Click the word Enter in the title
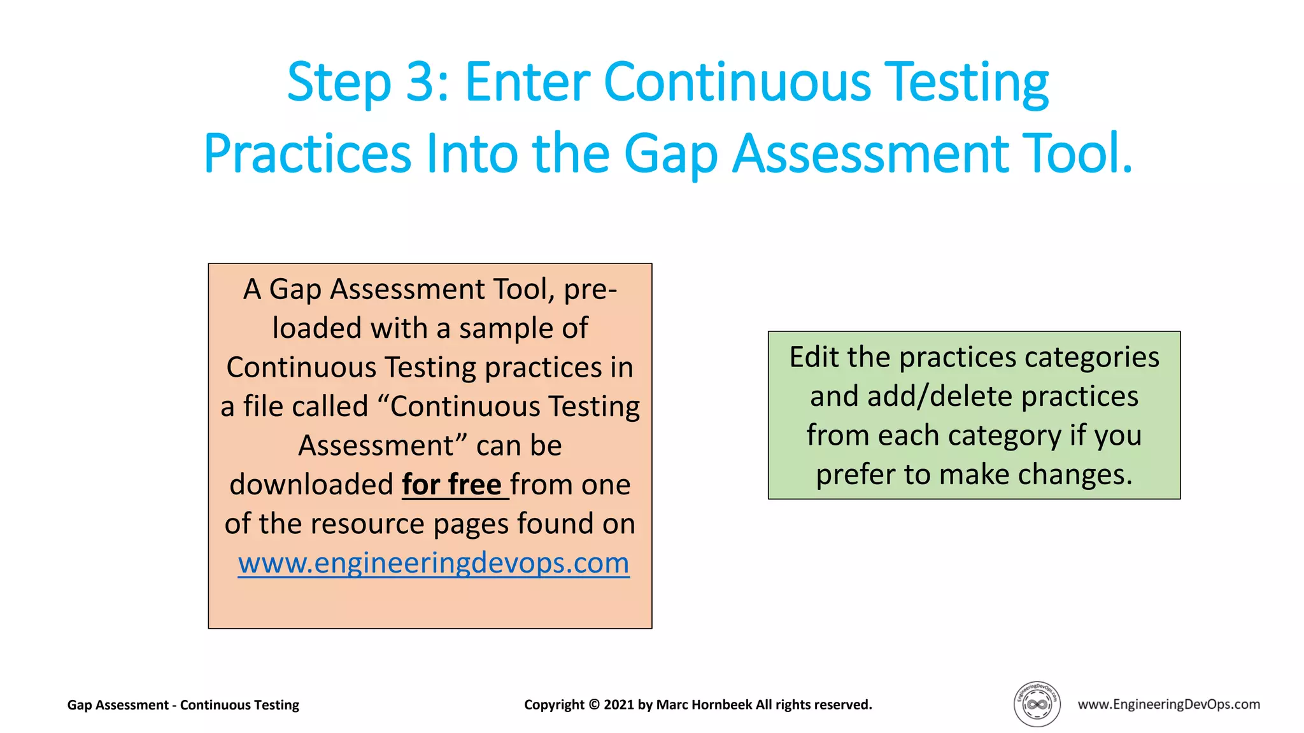tap(527, 83)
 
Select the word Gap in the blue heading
tap(670, 155)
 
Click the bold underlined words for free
tap(454, 485)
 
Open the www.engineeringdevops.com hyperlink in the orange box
tap(434, 563)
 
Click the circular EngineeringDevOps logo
tap(1037, 704)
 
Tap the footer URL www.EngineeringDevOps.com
tap(1168, 704)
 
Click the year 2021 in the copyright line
tap(619, 705)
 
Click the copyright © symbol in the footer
tap(593, 705)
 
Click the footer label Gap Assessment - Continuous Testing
tap(183, 705)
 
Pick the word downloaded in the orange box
tap(311, 485)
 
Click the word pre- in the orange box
tap(590, 290)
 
